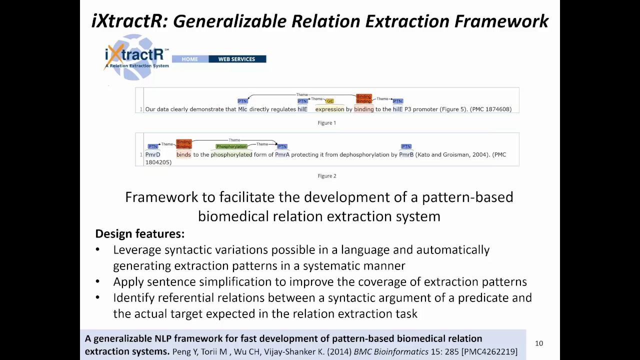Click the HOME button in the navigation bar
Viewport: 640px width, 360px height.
(x=189, y=59)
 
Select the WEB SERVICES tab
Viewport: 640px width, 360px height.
(x=236, y=59)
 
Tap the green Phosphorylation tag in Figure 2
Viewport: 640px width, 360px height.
(x=231, y=146)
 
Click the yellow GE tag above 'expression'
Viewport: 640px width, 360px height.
(x=329, y=101)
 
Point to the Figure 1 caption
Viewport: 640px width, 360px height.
(x=327, y=122)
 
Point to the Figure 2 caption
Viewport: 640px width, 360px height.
(x=327, y=176)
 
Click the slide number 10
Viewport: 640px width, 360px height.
(x=539, y=343)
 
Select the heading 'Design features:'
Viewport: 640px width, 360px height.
(x=139, y=233)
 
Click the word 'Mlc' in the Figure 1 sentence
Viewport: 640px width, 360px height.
(x=242, y=109)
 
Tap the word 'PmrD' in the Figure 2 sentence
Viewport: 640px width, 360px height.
(x=152, y=154)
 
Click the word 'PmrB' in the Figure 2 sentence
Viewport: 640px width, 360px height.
(x=406, y=154)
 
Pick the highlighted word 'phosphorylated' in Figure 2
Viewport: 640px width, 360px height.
(x=231, y=154)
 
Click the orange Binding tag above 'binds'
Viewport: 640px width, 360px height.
(x=183, y=144)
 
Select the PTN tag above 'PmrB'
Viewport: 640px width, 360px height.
(x=406, y=146)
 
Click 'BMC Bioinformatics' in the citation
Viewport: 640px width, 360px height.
(x=391, y=352)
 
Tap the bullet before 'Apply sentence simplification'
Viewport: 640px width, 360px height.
(x=97, y=282)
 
